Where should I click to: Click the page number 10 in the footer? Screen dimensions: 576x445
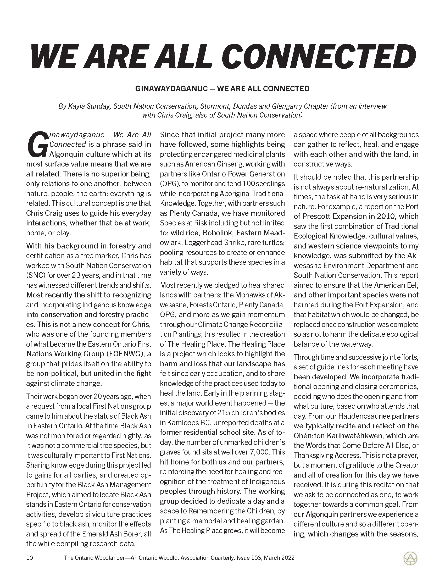(30, 558)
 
